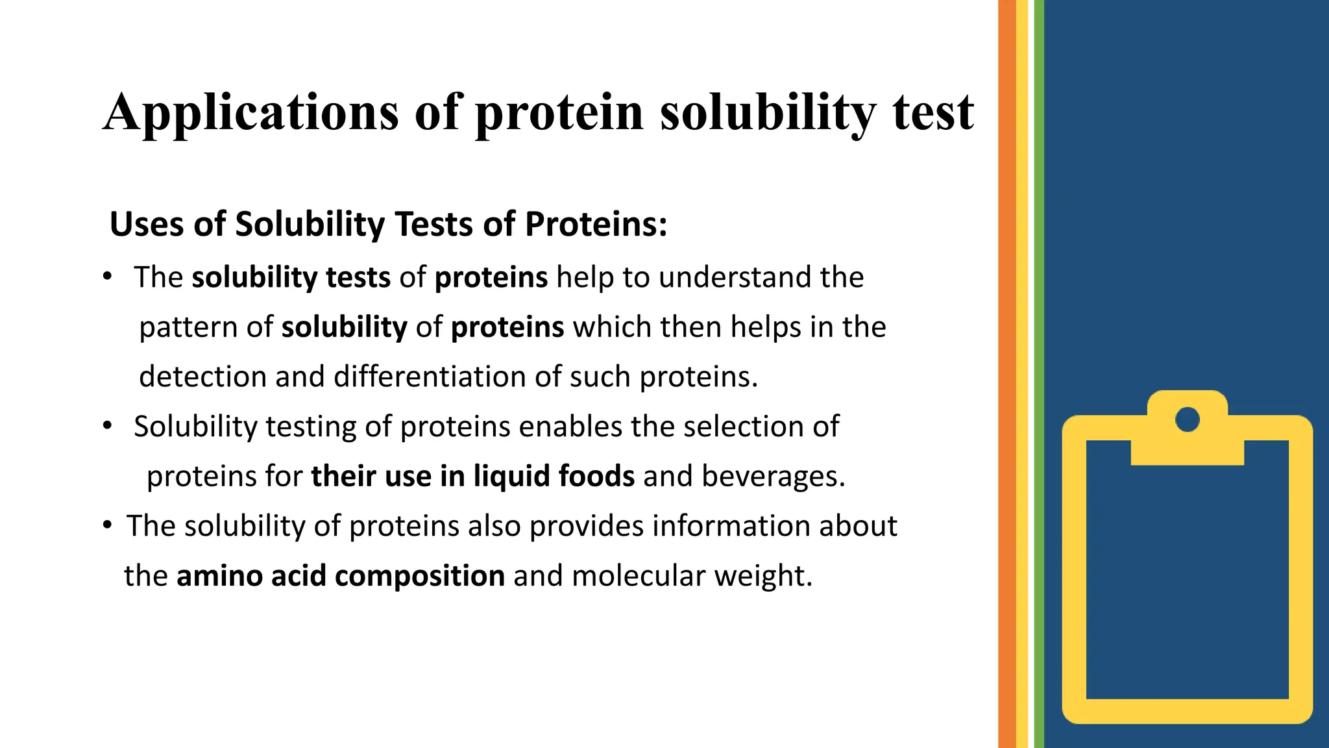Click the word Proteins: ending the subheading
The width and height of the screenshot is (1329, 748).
[596, 225]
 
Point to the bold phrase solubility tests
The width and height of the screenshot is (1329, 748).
[291, 278]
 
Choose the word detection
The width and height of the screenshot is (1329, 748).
[202, 377]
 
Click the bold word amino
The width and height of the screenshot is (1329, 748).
[219, 576]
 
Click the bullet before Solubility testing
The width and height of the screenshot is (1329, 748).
[107, 427]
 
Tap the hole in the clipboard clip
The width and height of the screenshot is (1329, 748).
[1187, 419]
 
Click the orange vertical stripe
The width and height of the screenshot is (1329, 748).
[1006, 374]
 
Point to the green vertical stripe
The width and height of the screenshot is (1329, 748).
[1038, 374]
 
